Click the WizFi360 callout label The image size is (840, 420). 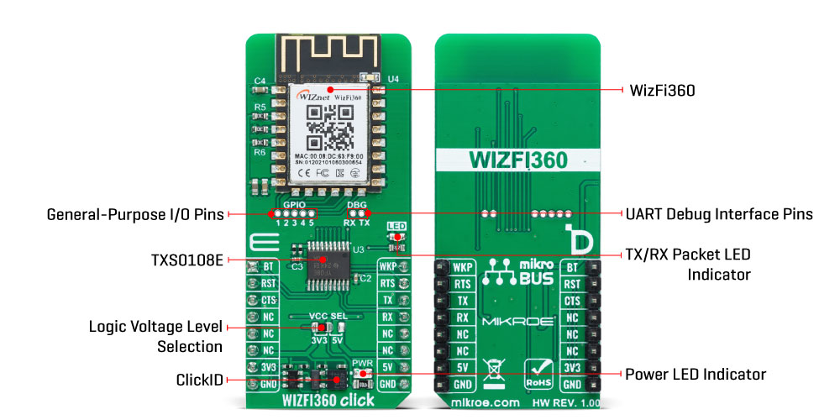662,90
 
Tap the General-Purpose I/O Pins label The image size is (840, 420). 135,214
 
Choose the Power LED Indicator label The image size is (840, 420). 696,374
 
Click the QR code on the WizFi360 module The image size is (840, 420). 328,131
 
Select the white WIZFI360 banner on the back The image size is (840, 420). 517,160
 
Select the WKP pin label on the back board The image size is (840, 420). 462,267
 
